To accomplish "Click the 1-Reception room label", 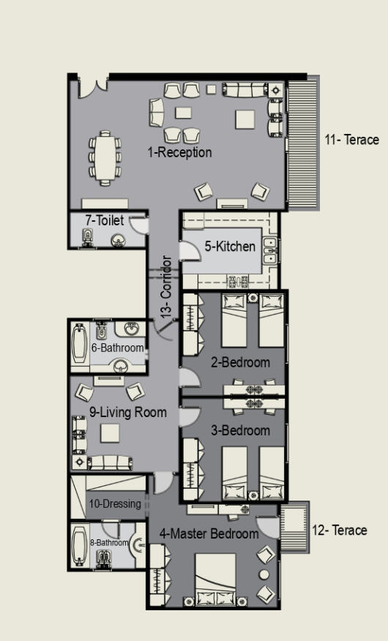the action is click(x=179, y=152).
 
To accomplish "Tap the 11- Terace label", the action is click(x=351, y=140).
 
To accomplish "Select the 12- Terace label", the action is click(x=340, y=531).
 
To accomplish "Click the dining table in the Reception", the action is click(x=105, y=158).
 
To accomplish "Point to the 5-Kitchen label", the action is click(x=230, y=246).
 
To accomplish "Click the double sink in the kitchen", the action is click(x=270, y=250).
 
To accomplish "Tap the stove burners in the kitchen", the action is click(x=238, y=281).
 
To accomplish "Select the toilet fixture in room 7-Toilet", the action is click(x=88, y=238).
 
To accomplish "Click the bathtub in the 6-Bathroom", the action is click(x=79, y=343).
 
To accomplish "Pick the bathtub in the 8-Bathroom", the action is click(x=79, y=545).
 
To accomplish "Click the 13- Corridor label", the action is click(x=166, y=287).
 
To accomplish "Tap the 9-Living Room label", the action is click(x=128, y=412).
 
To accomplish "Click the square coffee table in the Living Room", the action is click(x=110, y=433).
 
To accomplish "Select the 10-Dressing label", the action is click(x=115, y=503).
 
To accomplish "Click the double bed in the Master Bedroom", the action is click(x=215, y=580).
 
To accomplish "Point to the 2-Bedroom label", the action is click(x=240, y=362).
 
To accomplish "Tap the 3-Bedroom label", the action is click(x=240, y=430).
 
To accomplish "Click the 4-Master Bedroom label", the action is click(x=209, y=533).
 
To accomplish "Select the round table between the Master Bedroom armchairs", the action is click(x=264, y=574).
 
